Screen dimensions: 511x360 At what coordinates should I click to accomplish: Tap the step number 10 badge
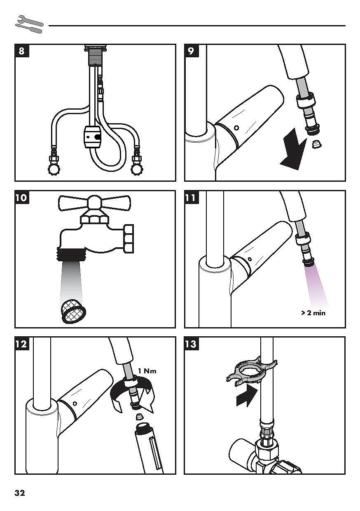pyautogui.click(x=21, y=197)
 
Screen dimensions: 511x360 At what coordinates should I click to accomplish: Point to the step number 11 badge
pyautogui.click(x=191, y=197)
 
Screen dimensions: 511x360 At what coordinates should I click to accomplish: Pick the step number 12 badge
pyautogui.click(x=21, y=343)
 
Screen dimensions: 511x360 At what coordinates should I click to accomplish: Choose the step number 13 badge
pyautogui.click(x=191, y=343)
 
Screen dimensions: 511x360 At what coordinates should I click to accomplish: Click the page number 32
pyautogui.click(x=20, y=493)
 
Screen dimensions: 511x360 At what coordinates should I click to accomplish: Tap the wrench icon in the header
pyautogui.click(x=29, y=24)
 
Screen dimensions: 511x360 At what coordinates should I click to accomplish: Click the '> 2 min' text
pyautogui.click(x=313, y=313)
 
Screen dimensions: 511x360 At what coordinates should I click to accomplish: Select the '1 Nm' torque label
pyautogui.click(x=147, y=370)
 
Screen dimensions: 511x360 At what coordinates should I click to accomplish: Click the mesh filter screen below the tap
pyautogui.click(x=72, y=312)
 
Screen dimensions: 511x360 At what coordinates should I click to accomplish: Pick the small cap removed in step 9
pyautogui.click(x=317, y=145)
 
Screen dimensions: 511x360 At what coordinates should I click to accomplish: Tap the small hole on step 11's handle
pyautogui.click(x=250, y=260)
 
